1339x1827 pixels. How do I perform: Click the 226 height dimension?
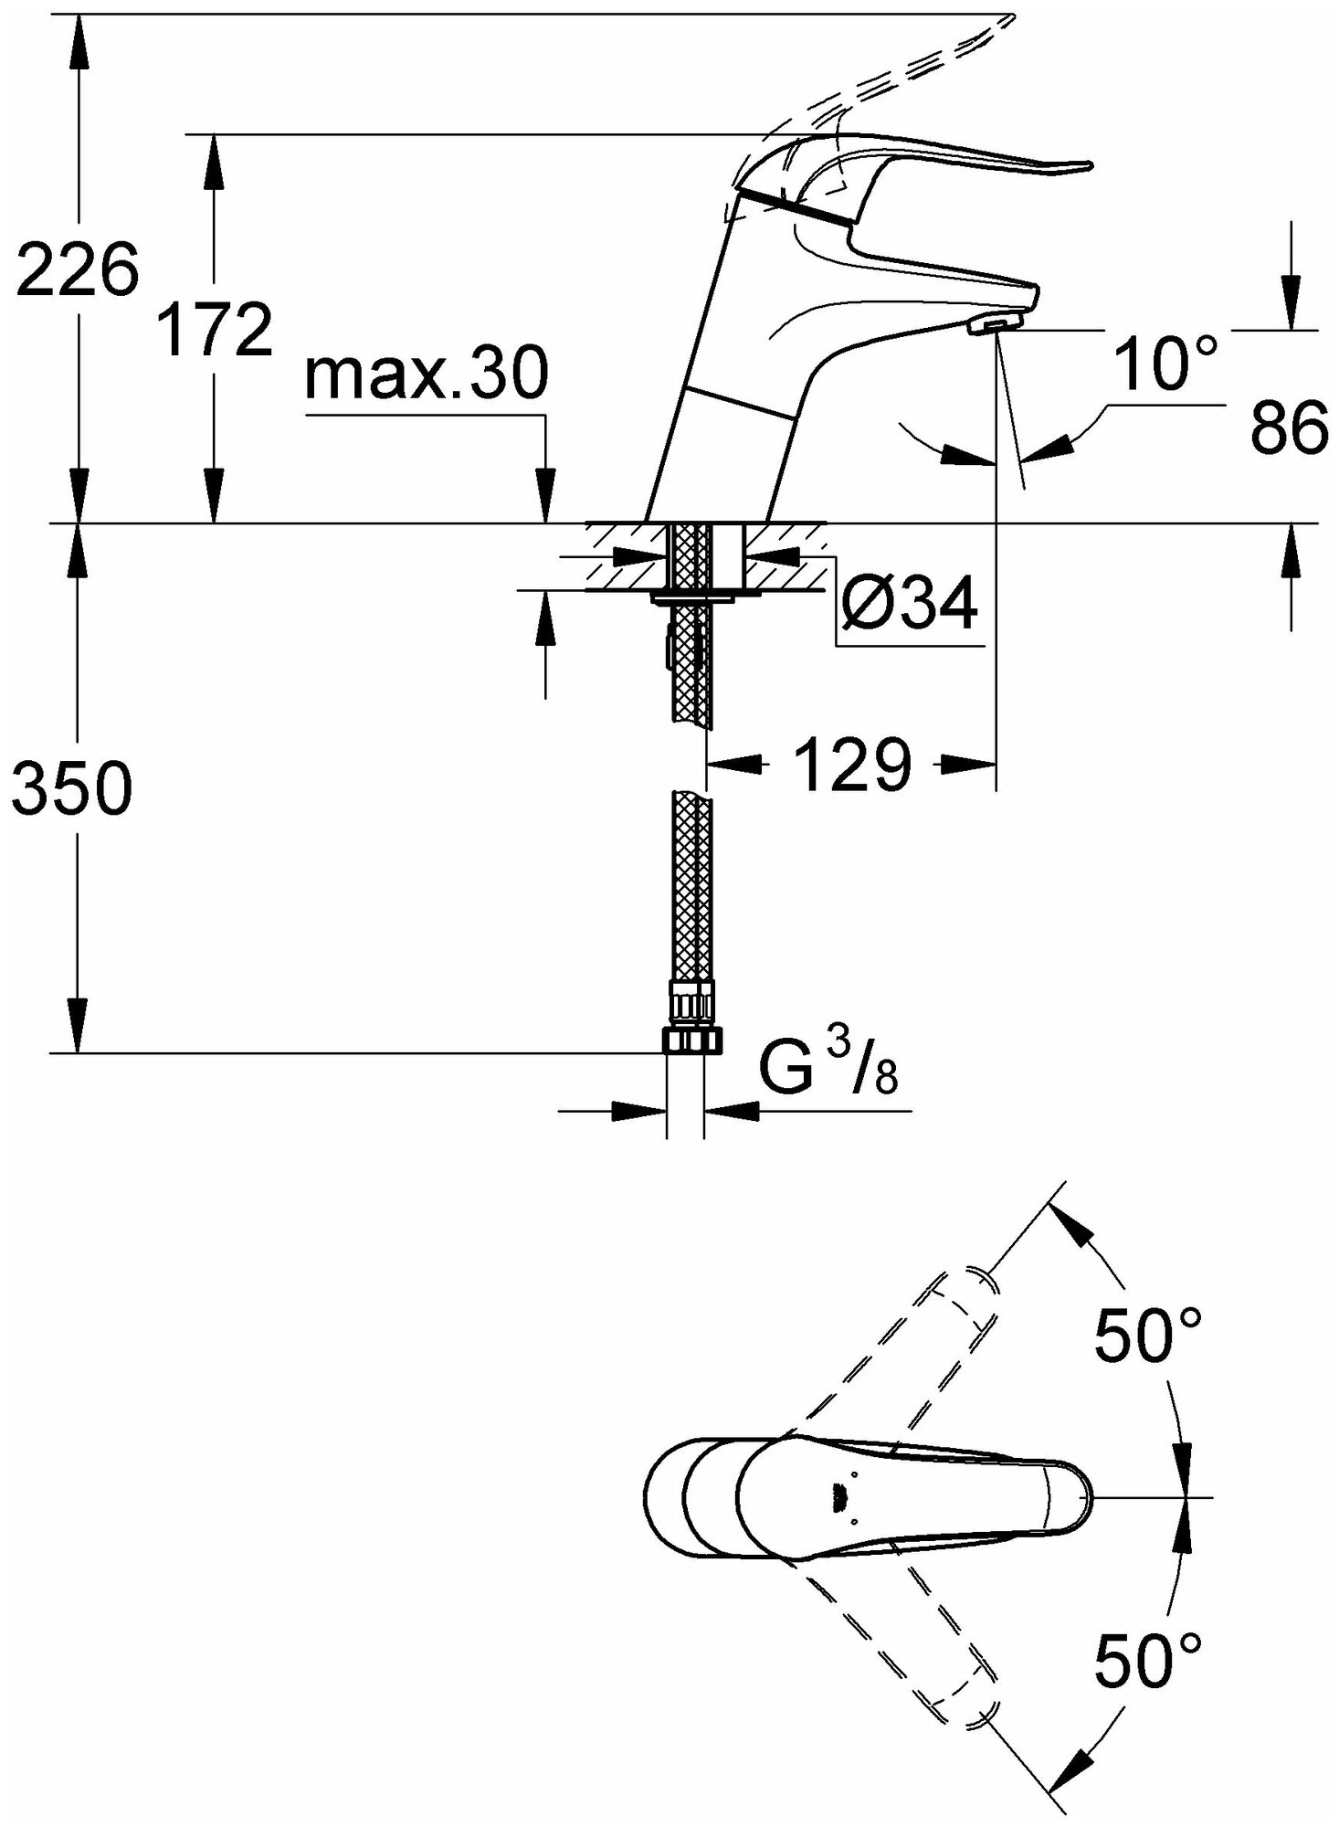(x=77, y=270)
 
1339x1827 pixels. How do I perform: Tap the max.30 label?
(x=427, y=375)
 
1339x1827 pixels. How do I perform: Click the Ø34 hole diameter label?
(x=909, y=604)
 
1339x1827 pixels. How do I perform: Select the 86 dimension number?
(x=1289, y=428)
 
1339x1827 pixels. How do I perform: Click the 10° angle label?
(x=1166, y=364)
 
